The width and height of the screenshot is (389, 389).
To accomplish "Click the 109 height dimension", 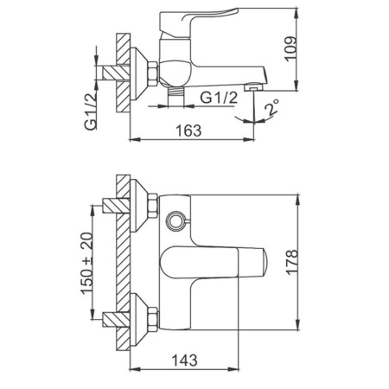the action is [290, 48].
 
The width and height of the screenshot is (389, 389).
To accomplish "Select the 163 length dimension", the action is [188, 131].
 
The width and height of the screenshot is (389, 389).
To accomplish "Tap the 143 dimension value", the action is [185, 360].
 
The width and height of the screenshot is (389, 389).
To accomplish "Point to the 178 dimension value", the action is [292, 262].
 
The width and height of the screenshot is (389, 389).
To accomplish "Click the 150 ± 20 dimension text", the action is [87, 263].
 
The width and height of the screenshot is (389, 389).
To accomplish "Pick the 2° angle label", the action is [272, 107].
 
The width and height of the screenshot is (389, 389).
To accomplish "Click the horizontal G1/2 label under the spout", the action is [220, 98].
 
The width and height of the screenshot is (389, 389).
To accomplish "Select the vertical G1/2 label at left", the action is [91, 112].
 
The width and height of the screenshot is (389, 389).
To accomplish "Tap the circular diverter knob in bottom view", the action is [175, 221].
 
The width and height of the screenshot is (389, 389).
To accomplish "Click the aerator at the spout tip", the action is [253, 86].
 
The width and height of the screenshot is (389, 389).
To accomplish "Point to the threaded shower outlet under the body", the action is [175, 97].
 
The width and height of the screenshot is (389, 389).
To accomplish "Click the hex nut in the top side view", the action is [153, 73].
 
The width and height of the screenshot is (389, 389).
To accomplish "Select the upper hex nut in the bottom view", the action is [153, 206].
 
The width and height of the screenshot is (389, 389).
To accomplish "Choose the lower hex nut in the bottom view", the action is [153, 319].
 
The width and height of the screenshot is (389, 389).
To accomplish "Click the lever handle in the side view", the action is [199, 22].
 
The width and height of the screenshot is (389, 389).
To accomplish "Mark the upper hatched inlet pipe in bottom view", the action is [116, 206].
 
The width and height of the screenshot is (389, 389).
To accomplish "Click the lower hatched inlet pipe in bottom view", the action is [116, 320].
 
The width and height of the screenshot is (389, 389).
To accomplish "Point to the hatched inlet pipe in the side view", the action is [116, 73].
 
